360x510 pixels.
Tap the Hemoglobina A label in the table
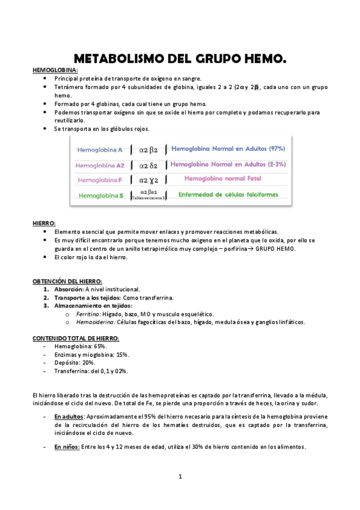(x=100, y=149)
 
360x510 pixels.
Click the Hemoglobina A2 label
(x=100, y=165)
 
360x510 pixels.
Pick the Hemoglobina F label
(x=100, y=180)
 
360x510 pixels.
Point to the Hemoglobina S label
(x=100, y=195)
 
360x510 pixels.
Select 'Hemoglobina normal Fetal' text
(x=227, y=179)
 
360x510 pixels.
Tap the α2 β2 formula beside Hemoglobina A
(x=148, y=149)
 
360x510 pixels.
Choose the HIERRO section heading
(x=43, y=223)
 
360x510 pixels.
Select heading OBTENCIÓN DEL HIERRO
(x=67, y=281)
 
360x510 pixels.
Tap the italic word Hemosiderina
(x=93, y=322)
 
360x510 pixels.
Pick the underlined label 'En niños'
(x=67, y=447)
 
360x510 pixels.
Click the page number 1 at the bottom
(x=180, y=477)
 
